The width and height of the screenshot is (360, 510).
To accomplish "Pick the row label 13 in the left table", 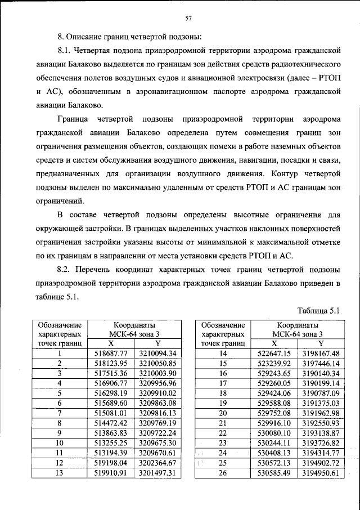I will (59, 472).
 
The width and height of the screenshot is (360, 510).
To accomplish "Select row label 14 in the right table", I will (223, 353).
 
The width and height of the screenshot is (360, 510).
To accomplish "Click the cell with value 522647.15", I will (274, 353).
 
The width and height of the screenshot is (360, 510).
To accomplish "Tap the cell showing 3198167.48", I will (321, 353).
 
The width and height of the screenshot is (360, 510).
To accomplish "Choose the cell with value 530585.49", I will (274, 472).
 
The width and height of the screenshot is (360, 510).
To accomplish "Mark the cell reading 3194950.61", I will (321, 472).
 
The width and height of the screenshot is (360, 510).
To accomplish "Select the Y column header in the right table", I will (321, 343).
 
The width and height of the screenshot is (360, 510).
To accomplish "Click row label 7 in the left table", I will (59, 413).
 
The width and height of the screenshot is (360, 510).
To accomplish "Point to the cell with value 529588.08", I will (274, 403).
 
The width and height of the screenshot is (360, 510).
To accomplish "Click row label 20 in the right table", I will (223, 413).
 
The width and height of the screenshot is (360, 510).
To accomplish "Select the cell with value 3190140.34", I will (321, 373).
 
